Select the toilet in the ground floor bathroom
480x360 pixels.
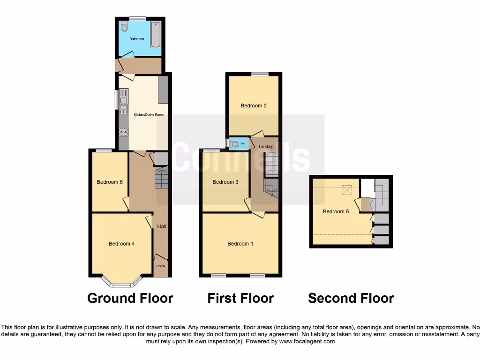[124, 27]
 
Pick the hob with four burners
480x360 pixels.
[124, 132]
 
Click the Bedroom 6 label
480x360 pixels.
[110, 182]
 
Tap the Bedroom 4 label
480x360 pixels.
[122, 244]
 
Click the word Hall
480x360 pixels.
[162, 227]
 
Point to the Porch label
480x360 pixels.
[160, 266]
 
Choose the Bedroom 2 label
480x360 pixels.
[254, 106]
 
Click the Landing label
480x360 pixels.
[266, 147]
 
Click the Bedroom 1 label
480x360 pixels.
[240, 244]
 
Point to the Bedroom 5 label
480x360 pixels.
[336, 211]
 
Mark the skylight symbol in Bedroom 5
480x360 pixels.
[347, 189]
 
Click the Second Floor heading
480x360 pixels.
[351, 298]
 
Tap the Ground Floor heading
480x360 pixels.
[130, 298]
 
